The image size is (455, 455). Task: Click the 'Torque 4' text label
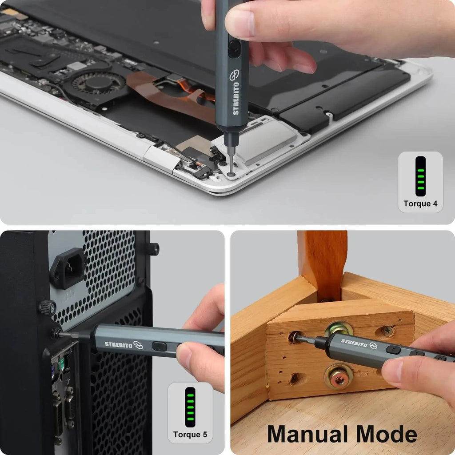coord(420,204)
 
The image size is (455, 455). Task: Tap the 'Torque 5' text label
coord(190,435)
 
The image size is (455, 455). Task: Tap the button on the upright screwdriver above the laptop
coord(234,49)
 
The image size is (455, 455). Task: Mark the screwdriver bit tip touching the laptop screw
coord(231,167)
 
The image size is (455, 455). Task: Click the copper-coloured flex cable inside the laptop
coord(178,96)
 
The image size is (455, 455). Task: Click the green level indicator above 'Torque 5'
coord(190,407)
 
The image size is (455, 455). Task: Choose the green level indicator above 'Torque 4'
coord(420,176)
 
